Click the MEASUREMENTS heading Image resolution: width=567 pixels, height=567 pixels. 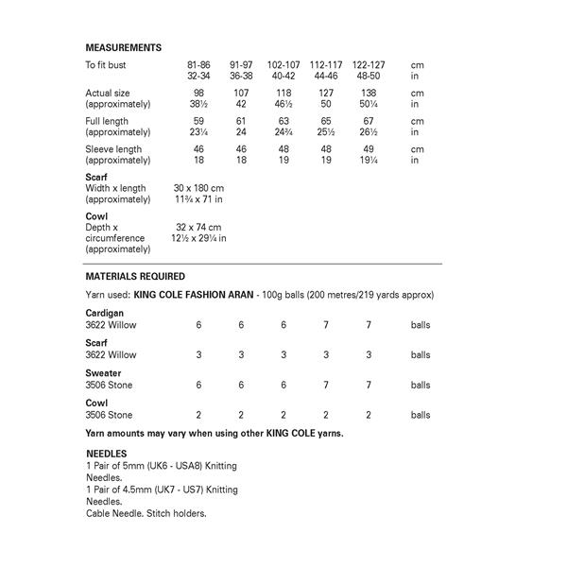pyautogui.click(x=123, y=47)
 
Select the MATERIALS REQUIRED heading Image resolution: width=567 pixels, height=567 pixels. pyautogui.click(x=135, y=277)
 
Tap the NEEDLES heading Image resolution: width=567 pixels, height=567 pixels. pyautogui.click(x=106, y=454)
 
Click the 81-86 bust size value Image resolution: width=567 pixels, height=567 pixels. pyautogui.click(x=198, y=64)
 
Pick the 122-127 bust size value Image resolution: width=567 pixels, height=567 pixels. pyautogui.click(x=367, y=64)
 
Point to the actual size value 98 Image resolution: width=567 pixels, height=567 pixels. pyautogui.click(x=198, y=94)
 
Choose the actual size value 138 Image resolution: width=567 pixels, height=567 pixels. pyautogui.click(x=367, y=94)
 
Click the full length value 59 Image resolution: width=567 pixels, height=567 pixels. pyautogui.click(x=198, y=121)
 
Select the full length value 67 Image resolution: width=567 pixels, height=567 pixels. pyautogui.click(x=367, y=121)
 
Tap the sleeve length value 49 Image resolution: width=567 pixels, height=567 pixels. pyautogui.click(x=367, y=149)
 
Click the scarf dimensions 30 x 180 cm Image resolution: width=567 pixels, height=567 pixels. pyautogui.click(x=199, y=188)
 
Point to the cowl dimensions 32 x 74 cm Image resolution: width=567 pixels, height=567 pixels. pyautogui.click(x=198, y=228)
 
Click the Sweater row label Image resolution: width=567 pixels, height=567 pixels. pyautogui.click(x=103, y=374)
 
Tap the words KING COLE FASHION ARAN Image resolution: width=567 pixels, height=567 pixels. pyautogui.click(x=196, y=296)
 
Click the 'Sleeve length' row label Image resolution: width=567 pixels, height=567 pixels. pyautogui.click(x=113, y=149)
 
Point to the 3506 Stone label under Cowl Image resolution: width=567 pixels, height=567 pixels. pyautogui.click(x=110, y=415)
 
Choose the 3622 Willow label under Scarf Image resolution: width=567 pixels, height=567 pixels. pyautogui.click(x=111, y=354)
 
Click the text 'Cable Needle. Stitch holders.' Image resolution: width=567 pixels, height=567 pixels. pyautogui.click(x=146, y=513)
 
